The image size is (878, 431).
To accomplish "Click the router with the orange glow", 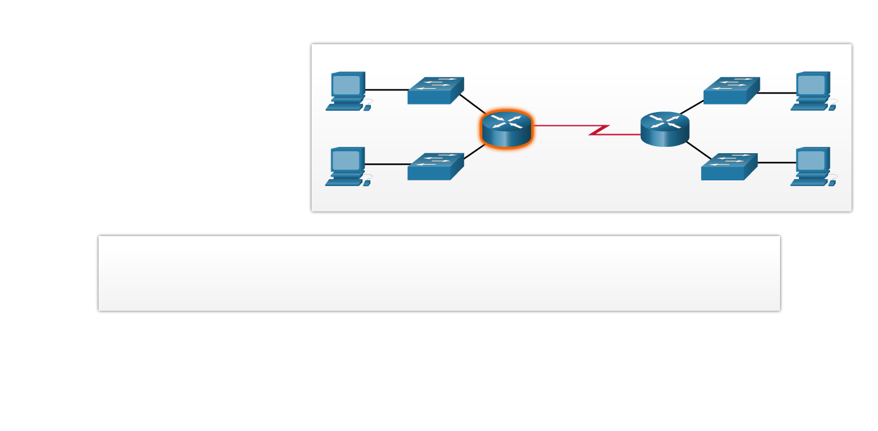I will point(506,129).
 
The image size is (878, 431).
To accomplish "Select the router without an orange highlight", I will point(664,129).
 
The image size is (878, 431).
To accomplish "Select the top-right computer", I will point(812,92).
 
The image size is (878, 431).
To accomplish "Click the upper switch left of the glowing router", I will point(435,91).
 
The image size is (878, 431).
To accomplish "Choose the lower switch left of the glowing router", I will point(435,167).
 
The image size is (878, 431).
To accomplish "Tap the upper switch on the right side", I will point(731,91).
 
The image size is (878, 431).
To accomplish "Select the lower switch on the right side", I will point(728,167).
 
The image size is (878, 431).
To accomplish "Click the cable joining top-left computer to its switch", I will point(387,90).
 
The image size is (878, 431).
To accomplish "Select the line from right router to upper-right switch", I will point(692,108).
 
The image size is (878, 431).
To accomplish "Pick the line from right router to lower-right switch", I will point(698,150).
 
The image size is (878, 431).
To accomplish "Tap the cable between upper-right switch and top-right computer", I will point(776,93).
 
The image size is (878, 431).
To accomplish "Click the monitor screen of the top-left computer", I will point(346,85).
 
